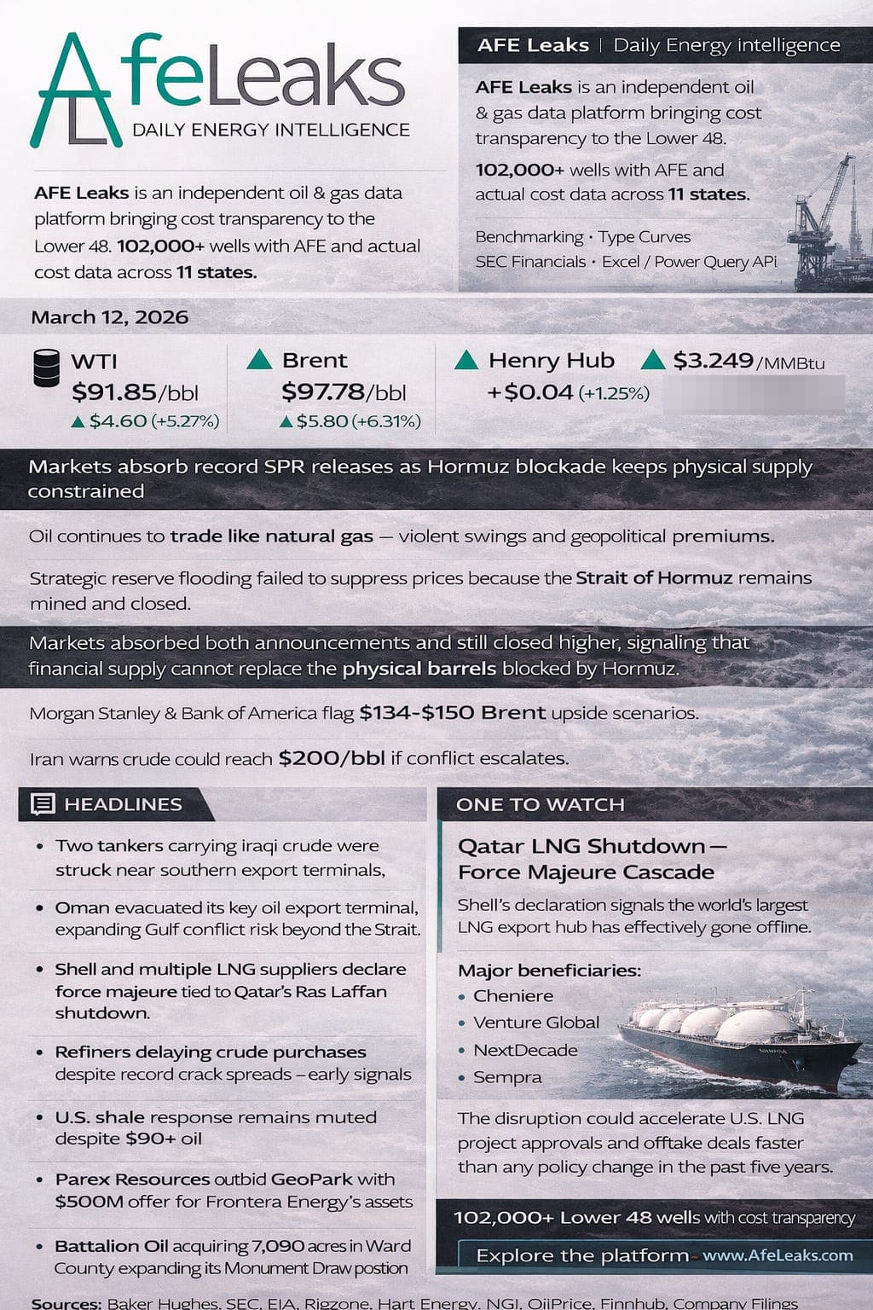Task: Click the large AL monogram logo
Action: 75,92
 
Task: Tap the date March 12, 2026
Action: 109,317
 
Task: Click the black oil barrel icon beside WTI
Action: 46,368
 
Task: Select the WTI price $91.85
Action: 114,392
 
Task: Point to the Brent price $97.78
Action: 323,392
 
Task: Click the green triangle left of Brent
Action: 259,360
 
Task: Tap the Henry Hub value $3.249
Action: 713,361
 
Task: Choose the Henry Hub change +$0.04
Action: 529,392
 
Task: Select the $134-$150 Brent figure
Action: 452,712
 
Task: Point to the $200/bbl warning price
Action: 331,757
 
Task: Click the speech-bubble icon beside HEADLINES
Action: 43,804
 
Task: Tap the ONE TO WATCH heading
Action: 541,804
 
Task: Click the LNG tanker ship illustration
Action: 733,1036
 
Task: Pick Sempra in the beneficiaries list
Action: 507,1076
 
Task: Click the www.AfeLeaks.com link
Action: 778,1255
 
